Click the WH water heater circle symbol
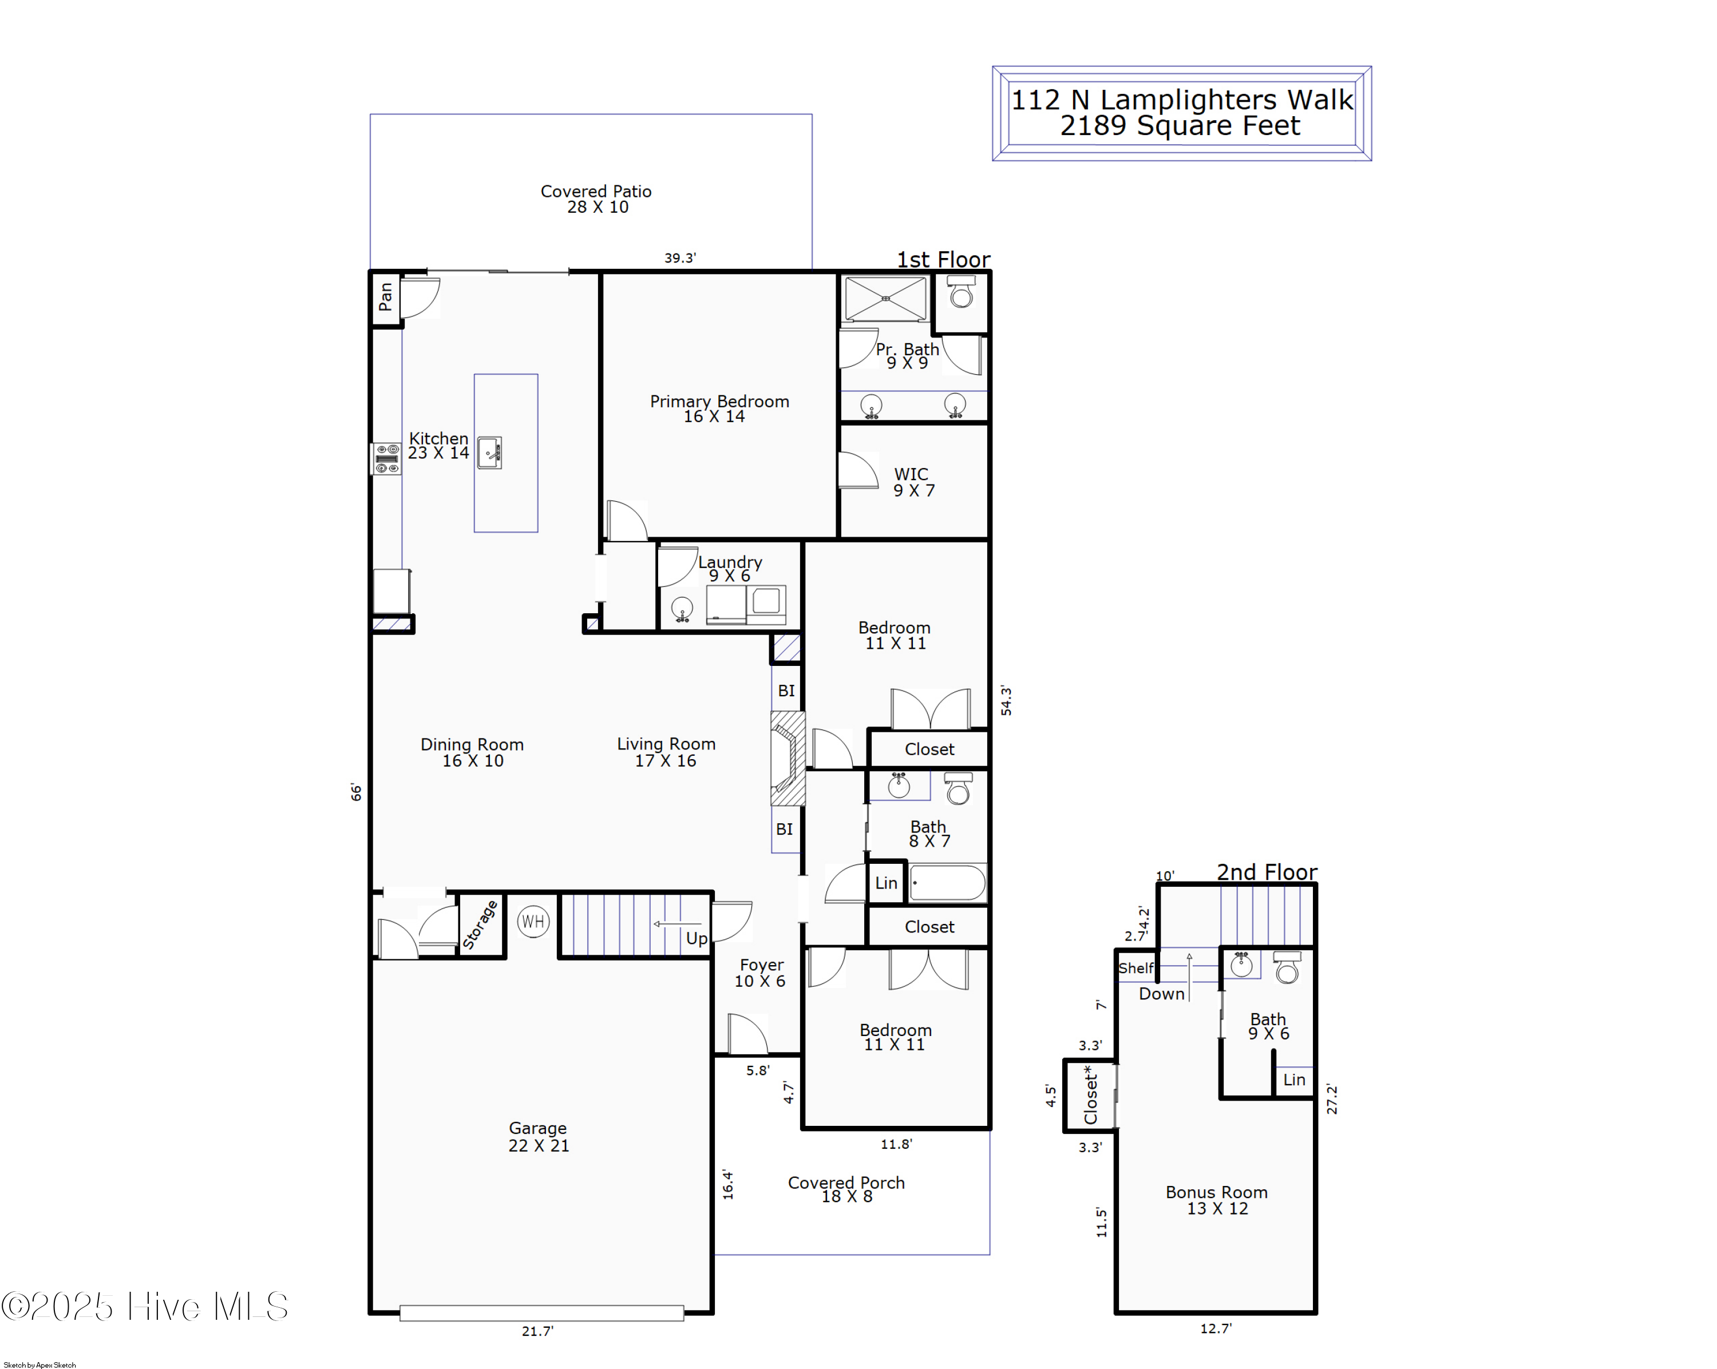click(533, 922)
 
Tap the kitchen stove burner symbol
click(387, 458)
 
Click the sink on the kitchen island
click(489, 452)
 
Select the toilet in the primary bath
click(961, 293)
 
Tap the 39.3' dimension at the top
click(680, 258)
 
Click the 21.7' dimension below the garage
click(537, 1331)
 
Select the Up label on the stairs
click(696, 938)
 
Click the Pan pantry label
click(385, 297)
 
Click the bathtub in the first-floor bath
click(948, 883)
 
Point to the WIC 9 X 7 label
click(913, 482)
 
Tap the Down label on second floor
click(1161, 993)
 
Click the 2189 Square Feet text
click(1180, 126)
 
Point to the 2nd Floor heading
click(1266, 872)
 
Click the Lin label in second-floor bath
click(1293, 1080)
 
